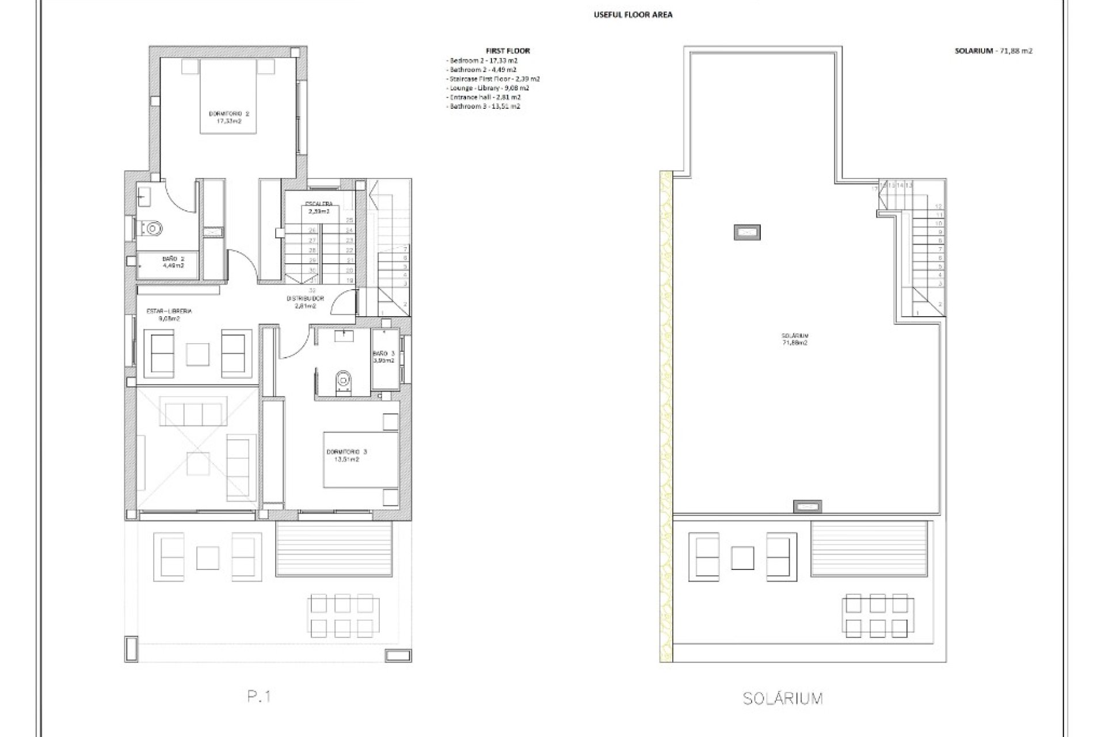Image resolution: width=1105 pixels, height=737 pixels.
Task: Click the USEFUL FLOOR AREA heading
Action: click(632, 15)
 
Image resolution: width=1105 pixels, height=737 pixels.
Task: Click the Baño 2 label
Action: click(173, 262)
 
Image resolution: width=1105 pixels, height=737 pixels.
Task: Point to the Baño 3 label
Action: click(383, 356)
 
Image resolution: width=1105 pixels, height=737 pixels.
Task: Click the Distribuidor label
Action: click(306, 302)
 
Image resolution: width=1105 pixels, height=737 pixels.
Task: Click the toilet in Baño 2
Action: click(152, 230)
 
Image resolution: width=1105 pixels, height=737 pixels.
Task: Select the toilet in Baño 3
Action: click(344, 381)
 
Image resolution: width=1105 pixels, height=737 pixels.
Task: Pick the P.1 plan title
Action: click(259, 697)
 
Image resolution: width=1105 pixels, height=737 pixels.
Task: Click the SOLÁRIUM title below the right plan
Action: click(783, 698)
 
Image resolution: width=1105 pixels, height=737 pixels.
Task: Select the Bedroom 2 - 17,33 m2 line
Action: click(482, 60)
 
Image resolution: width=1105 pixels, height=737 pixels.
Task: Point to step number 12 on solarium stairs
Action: click(939, 206)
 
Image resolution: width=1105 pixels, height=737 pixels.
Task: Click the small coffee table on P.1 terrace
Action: click(208, 557)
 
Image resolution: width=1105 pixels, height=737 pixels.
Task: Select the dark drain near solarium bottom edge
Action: click(807, 507)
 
